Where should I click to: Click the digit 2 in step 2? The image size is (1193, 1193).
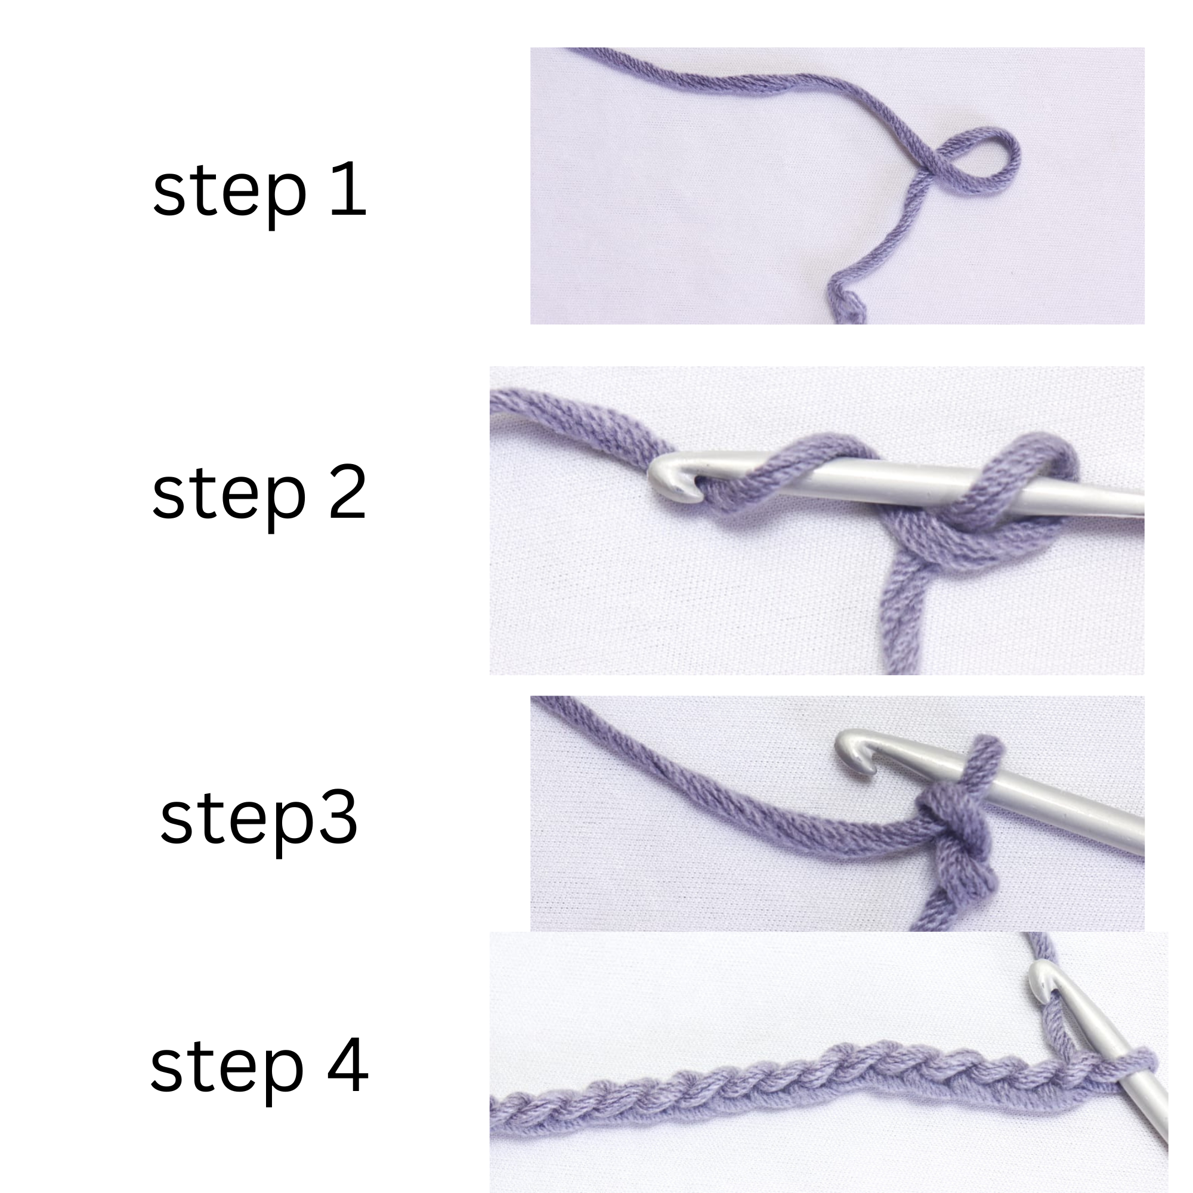pos(348,492)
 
